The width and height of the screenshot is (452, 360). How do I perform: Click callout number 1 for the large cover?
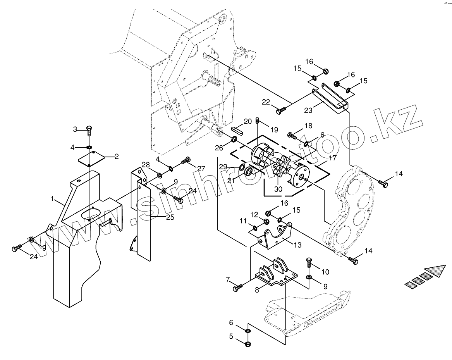pos(52,198)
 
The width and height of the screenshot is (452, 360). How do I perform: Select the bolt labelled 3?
pos(89,129)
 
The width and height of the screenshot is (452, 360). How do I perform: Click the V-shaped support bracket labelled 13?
pos(277,235)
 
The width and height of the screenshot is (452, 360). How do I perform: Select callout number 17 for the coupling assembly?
pos(332,158)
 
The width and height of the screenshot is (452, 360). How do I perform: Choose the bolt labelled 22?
pos(280,111)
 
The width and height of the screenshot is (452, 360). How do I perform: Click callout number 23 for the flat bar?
pos(308,110)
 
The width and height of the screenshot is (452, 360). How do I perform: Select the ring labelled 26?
pos(234,140)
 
